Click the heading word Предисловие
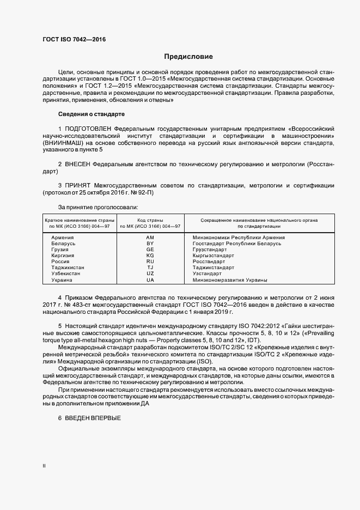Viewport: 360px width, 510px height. coord(189,57)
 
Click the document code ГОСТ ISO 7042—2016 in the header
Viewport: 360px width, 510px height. coord(74,40)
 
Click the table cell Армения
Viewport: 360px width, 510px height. coord(63,238)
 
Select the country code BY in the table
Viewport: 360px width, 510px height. coord(150,244)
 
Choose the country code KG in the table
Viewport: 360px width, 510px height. coord(150,256)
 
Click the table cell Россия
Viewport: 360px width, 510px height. coord(60,262)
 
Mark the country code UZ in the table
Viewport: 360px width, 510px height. coord(150,274)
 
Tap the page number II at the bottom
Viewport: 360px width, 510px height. coord(44,466)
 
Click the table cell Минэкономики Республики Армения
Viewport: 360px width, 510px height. coord(239,238)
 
